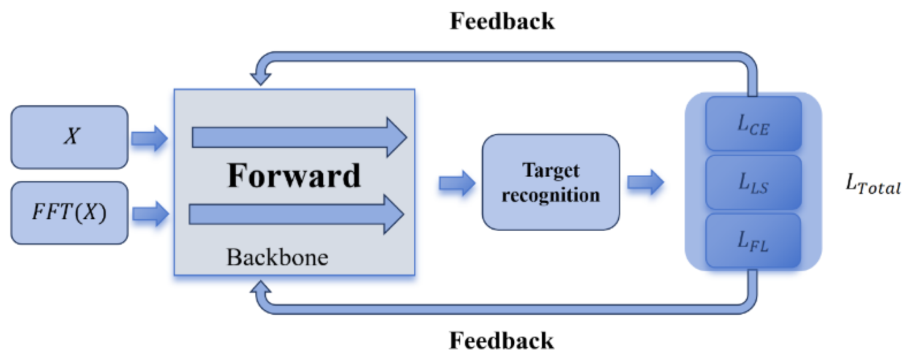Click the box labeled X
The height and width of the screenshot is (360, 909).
69,137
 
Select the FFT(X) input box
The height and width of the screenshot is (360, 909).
69,213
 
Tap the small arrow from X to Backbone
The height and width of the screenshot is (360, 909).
149,138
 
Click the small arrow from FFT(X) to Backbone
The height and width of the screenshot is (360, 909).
150,214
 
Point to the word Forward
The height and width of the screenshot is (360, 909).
294,176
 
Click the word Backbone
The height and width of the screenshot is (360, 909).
277,257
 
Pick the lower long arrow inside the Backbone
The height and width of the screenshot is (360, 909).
296,214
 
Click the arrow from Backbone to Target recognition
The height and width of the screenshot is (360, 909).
457,183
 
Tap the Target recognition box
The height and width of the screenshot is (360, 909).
551,182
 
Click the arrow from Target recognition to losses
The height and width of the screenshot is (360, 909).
645,183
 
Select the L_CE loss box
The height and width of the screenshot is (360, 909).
753,124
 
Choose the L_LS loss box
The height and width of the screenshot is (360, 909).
753,182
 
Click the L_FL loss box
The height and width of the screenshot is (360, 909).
753,240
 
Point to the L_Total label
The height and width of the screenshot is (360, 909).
872,185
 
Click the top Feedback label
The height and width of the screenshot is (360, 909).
502,21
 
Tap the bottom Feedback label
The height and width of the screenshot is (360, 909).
501,341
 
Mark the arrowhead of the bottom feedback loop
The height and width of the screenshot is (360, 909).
261,288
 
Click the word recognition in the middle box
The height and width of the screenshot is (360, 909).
551,195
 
